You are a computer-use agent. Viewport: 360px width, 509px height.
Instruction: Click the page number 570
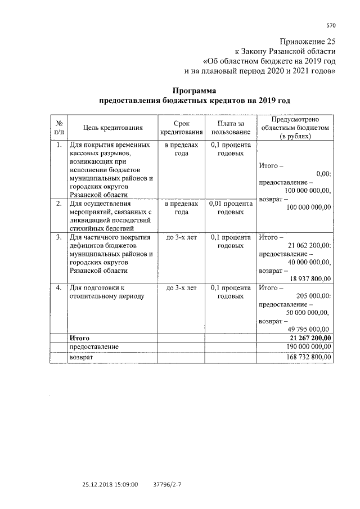point(331,25)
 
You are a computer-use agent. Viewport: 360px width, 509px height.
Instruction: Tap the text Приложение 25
point(308,42)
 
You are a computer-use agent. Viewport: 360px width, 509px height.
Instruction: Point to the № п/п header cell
point(58,128)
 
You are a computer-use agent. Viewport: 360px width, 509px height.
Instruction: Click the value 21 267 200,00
point(310,337)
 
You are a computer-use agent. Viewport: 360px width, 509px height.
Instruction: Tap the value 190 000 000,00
point(308,347)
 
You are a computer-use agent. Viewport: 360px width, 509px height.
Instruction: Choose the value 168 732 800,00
point(308,357)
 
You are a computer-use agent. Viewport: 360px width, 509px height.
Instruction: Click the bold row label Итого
point(80,337)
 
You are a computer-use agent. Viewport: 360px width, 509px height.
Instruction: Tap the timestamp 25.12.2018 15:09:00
point(110,483)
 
